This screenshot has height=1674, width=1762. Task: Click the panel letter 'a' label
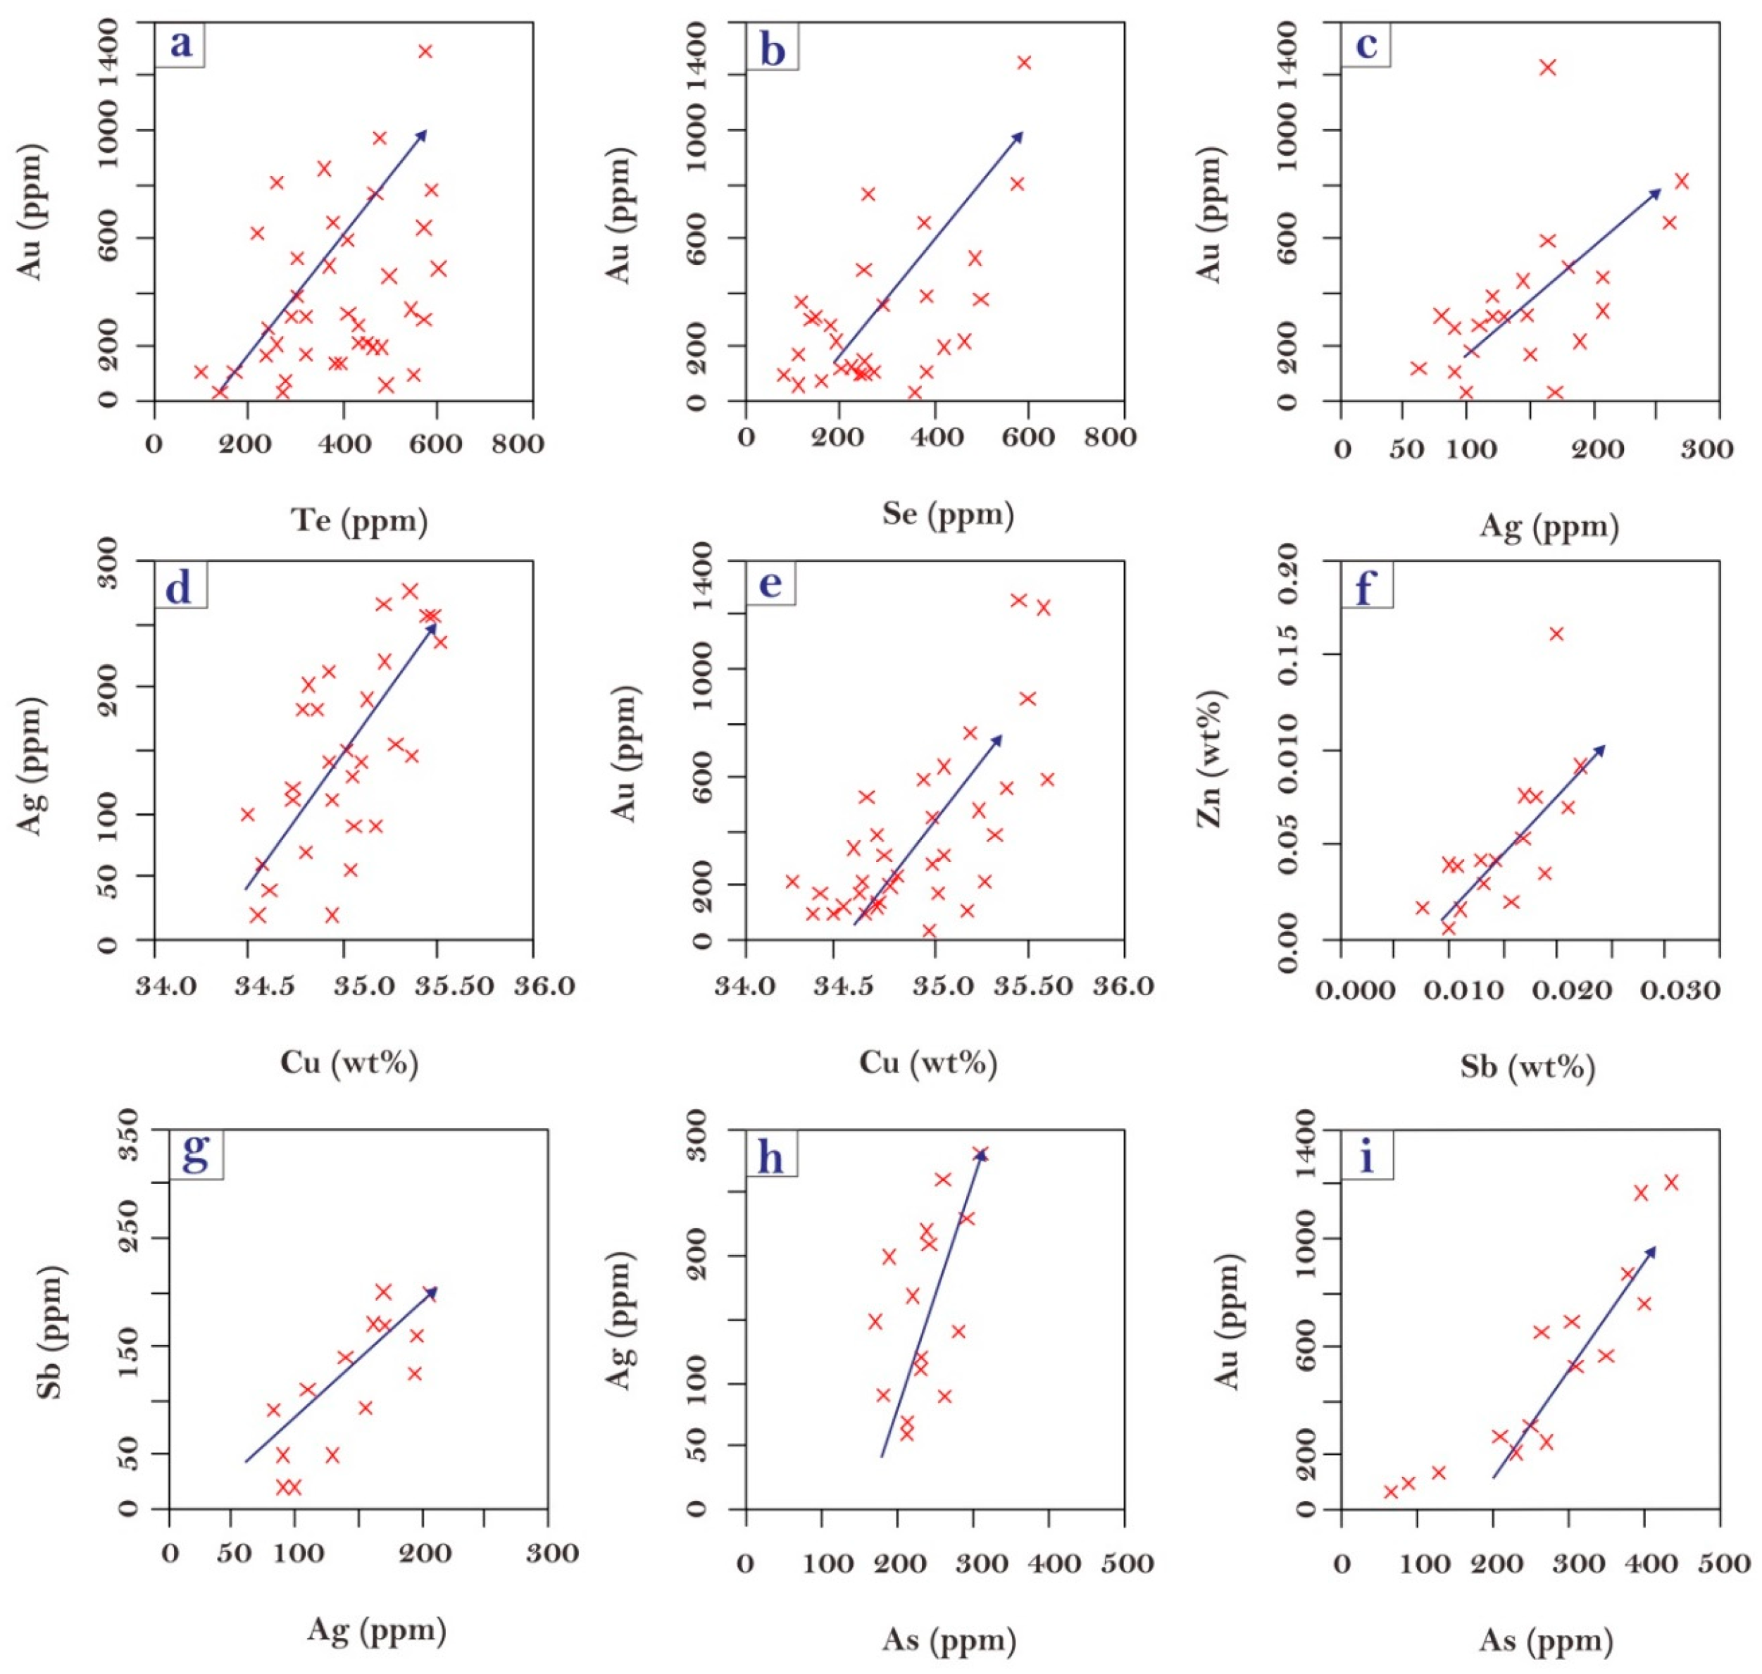(181, 44)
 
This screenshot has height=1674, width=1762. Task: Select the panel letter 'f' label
(1365, 587)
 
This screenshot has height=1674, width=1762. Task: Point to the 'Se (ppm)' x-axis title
(949, 514)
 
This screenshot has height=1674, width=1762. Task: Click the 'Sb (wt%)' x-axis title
(1528, 1066)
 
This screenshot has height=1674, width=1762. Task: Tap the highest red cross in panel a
(425, 51)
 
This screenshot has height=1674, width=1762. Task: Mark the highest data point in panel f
(1557, 635)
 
